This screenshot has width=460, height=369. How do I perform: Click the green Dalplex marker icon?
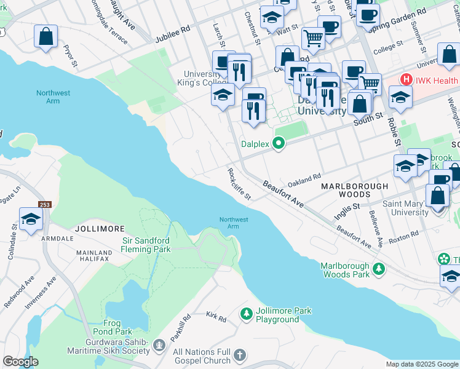pos(279,145)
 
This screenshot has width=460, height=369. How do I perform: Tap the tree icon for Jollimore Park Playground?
pos(247,315)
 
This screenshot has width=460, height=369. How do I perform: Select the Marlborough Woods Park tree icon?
pos(379,269)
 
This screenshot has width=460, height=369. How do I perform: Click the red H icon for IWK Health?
pos(406,80)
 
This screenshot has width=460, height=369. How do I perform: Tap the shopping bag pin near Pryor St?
pos(46,37)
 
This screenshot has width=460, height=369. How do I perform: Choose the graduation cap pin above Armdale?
pos(31,220)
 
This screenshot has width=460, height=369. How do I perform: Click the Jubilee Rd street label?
pos(173,29)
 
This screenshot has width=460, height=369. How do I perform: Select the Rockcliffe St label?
pos(239,184)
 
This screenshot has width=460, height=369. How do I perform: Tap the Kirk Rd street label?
pos(216,317)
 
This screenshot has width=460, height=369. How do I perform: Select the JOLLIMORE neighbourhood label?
pos(95,228)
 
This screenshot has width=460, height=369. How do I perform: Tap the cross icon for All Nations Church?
pos(240,355)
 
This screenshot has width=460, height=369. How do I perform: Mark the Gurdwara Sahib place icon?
pos(159,344)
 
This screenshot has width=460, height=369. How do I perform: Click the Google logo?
pos(20,362)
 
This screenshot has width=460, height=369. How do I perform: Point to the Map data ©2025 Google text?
pos(421,364)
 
